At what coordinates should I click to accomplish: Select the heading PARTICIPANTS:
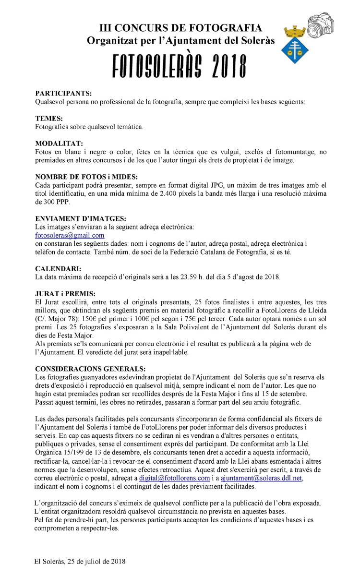(63, 93)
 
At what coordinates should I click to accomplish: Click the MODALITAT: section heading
(59, 144)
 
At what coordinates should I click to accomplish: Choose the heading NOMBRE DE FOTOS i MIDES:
(87, 177)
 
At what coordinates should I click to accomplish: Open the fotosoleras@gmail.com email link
(70, 235)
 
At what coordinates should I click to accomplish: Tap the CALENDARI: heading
(58, 269)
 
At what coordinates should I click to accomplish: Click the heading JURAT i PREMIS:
(65, 294)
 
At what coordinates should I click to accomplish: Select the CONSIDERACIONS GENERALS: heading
(90, 369)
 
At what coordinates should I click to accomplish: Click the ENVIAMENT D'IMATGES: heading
(81, 218)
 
